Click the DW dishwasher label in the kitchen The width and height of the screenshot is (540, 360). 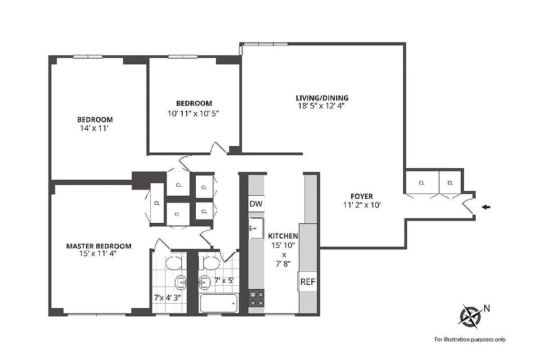pos(256,204)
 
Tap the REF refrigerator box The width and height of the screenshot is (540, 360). pos(308,282)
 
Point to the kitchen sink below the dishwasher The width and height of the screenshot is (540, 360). pos(256,228)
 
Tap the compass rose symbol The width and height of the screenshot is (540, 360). pos(470,315)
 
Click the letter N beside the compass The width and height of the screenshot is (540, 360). pos(486,308)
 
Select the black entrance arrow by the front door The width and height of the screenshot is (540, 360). pos(486,207)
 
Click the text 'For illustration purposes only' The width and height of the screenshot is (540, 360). pos(469,339)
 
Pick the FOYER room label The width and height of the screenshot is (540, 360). pos(362,196)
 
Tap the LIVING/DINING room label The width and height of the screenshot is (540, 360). pos(322,98)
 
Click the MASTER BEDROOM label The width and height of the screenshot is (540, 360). pos(99,246)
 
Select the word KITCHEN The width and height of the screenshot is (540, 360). pos(283,236)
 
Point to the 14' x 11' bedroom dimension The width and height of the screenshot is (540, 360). pos(94,128)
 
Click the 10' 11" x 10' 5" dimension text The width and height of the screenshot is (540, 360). pos(193,113)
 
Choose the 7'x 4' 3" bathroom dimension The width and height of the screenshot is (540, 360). pos(168,297)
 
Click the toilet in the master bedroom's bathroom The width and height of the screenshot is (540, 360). pos(173,262)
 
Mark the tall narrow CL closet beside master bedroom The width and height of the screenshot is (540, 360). pos(157,203)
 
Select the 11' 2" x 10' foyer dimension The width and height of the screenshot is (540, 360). pos(362,205)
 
